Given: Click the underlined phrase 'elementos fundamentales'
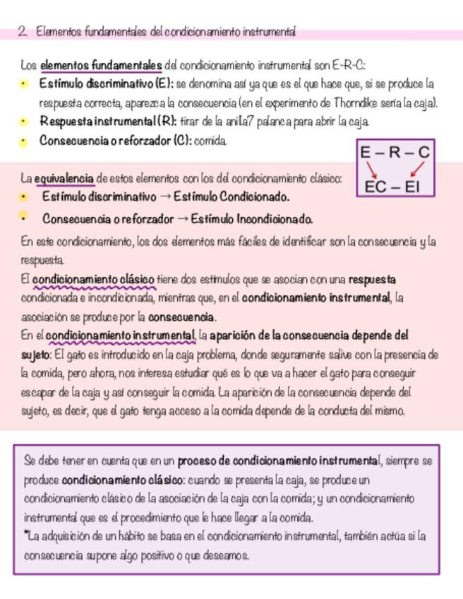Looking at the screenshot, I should point(101,66).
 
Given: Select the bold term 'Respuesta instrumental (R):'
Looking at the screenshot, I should point(108,121).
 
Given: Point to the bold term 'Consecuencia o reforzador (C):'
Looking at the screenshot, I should point(115,141).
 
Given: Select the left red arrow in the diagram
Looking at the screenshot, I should point(372,170).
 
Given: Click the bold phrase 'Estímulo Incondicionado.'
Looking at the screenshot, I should point(251,219).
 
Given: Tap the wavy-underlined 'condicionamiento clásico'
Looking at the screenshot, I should point(93,280).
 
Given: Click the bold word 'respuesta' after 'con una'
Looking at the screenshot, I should point(372,280).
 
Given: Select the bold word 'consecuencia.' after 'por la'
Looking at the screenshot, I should point(183,317).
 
